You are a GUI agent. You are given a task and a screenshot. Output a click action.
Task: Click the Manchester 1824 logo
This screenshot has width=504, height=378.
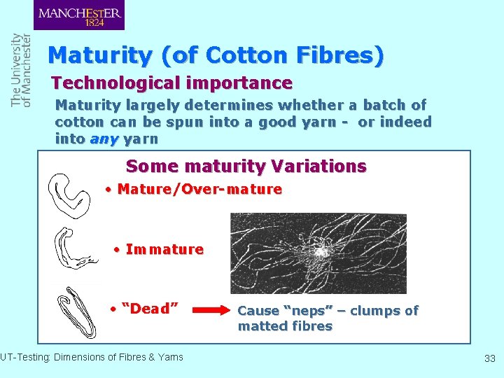point(78,15)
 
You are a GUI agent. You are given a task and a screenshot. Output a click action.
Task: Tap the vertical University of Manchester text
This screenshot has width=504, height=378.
point(21,70)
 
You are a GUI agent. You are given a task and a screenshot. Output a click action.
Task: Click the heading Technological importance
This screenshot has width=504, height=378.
point(171,83)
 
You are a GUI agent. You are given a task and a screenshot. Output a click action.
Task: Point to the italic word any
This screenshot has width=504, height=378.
point(104,139)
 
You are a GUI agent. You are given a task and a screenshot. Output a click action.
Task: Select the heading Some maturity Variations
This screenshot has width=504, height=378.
point(246,167)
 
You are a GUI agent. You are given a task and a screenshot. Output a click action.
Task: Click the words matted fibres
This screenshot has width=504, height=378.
point(285,326)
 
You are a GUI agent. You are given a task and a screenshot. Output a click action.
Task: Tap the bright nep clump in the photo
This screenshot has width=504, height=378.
point(322,251)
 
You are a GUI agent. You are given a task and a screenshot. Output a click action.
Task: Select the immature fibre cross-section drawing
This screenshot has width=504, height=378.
point(73,249)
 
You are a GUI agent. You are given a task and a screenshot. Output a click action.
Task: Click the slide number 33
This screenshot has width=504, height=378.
point(489,358)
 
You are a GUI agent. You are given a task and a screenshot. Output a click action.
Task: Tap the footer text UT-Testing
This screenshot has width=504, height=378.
point(22,357)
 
